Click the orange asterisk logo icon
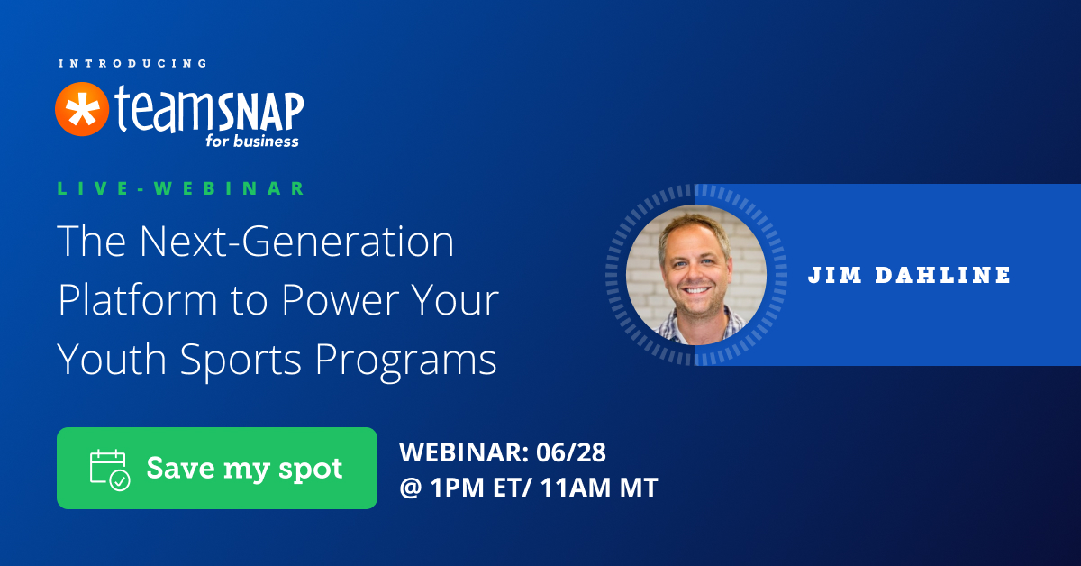(82, 109)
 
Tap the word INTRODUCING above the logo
(133, 64)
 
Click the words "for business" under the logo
(252, 141)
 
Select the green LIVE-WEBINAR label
(181, 187)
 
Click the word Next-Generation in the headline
(296, 241)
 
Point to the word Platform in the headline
(138, 300)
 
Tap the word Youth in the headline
(112, 359)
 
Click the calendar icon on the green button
(110, 470)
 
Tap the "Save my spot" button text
(245, 469)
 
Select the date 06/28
(571, 452)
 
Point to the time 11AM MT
(599, 487)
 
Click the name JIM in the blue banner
(835, 275)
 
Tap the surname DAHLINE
(942, 275)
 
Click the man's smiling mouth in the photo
(696, 291)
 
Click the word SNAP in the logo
(260, 113)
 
